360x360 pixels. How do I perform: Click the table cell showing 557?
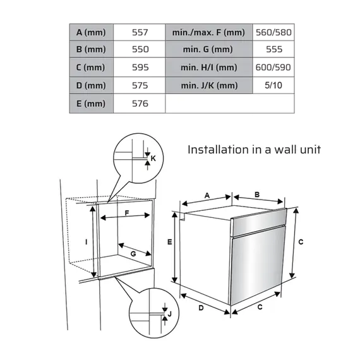140,32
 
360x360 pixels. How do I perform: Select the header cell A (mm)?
92,32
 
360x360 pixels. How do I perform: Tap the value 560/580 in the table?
273,32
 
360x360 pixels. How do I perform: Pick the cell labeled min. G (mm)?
208,49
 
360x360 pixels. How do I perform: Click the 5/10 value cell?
273,85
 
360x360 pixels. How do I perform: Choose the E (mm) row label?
92,104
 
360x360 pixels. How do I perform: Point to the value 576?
140,104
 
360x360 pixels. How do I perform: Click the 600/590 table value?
273,68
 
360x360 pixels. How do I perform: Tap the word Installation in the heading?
218,150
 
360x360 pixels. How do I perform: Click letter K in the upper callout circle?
153,158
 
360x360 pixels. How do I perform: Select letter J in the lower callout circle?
170,314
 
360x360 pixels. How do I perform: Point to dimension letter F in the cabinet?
127,213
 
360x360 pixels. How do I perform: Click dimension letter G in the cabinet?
133,254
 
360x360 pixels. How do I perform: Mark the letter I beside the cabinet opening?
87,242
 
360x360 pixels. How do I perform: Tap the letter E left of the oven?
170,242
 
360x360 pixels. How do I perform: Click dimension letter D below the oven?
201,308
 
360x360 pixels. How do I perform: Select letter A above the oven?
207,196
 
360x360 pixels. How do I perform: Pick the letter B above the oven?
257,195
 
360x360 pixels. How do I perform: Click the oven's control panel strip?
259,222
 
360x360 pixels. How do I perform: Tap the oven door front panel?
258,265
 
